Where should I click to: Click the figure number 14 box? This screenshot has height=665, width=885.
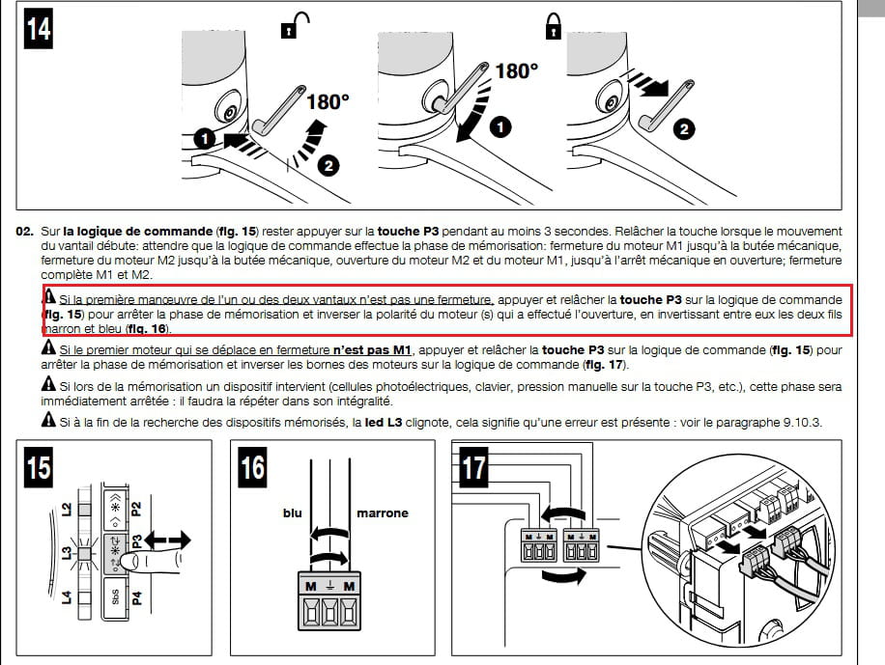pos(37,30)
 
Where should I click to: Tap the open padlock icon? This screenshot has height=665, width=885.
pos(287,29)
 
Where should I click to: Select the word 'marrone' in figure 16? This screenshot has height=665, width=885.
pos(383,513)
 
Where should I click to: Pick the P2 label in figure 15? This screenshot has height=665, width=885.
pos(136,509)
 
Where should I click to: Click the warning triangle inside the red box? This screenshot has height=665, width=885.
pos(49,299)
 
